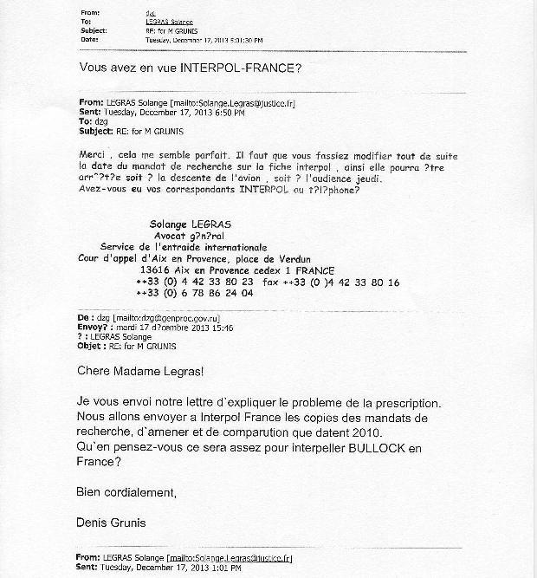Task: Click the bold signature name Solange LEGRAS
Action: (190, 224)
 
